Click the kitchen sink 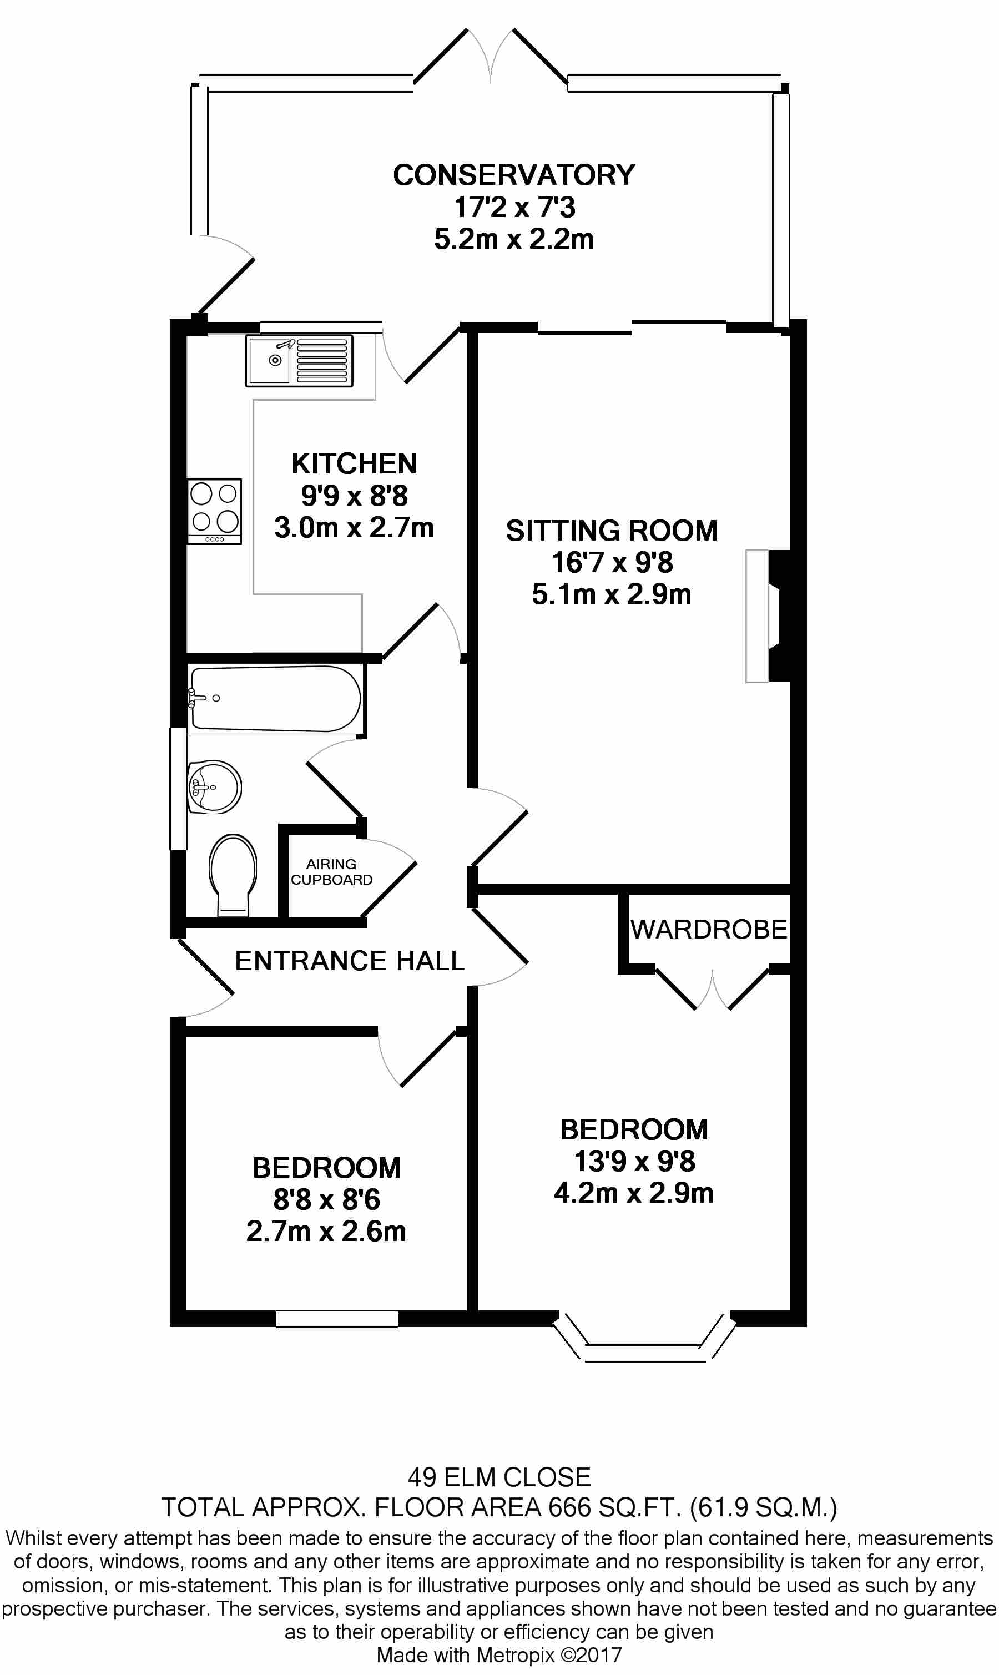pyautogui.click(x=299, y=361)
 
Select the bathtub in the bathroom pyautogui.click(x=275, y=699)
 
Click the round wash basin pyautogui.click(x=214, y=786)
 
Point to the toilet pyautogui.click(x=233, y=874)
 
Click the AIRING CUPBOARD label pyautogui.click(x=331, y=871)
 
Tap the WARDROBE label pyautogui.click(x=708, y=930)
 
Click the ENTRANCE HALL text pyautogui.click(x=350, y=960)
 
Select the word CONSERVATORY pyautogui.click(x=513, y=175)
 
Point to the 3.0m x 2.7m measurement pyautogui.click(x=354, y=528)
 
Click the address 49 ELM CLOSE pyautogui.click(x=499, y=1477)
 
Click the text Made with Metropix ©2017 pyautogui.click(x=499, y=1655)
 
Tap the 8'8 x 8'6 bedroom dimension pyautogui.click(x=326, y=1199)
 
